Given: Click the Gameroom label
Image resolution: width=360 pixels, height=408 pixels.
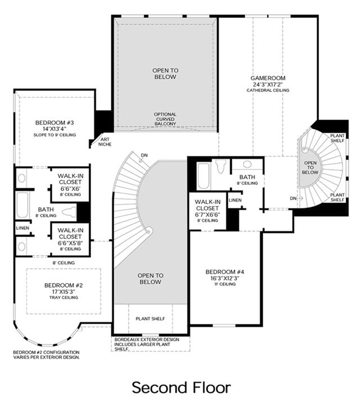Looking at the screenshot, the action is (x=268, y=78).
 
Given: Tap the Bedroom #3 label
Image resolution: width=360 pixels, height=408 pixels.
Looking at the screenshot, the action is (x=55, y=123).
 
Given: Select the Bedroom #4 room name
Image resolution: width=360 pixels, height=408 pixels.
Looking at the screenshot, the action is (x=225, y=272).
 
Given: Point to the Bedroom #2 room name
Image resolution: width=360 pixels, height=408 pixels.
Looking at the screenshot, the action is (x=64, y=285).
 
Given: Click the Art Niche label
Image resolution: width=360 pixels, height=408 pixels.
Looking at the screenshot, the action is (x=105, y=142).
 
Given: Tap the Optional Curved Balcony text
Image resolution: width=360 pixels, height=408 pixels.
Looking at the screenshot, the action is (x=165, y=119).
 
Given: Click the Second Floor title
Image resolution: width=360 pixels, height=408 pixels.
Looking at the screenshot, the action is (x=181, y=387).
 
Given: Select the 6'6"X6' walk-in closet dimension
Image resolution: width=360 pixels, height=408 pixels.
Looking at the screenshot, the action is (x=70, y=189).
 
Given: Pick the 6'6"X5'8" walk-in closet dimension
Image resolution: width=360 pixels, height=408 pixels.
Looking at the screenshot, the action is (x=70, y=243).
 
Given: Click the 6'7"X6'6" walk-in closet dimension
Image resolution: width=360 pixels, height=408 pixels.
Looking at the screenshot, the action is (x=208, y=215).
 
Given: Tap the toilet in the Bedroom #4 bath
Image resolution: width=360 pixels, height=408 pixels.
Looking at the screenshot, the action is (x=220, y=166).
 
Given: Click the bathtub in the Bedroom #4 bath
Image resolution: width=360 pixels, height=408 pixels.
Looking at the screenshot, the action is (x=204, y=176).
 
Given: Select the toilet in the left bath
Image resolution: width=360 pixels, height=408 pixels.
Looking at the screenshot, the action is (x=69, y=212).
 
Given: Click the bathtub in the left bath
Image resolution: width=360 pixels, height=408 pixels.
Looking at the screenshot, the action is (x=22, y=205).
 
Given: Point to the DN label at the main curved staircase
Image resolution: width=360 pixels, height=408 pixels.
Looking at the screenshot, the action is (x=144, y=155).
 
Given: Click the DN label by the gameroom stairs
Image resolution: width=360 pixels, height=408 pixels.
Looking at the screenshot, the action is (x=293, y=198).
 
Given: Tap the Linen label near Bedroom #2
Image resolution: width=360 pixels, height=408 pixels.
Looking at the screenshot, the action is (x=22, y=228).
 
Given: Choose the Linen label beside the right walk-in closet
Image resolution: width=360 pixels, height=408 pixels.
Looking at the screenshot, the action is (x=235, y=200).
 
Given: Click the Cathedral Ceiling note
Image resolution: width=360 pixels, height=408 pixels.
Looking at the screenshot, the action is (x=268, y=90).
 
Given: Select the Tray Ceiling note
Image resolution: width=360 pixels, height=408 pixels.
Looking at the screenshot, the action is (x=64, y=297).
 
